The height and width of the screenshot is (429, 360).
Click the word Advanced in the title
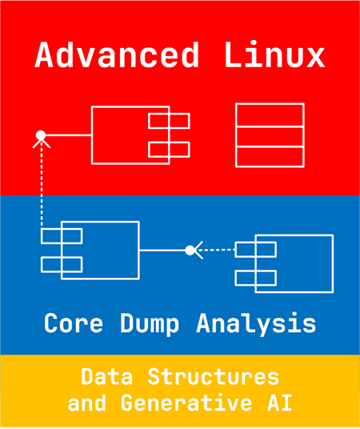coord(117,54)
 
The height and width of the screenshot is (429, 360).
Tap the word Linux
coord(274,54)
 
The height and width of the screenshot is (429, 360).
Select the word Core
coord(74,323)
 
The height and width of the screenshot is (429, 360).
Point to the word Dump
coord(150,324)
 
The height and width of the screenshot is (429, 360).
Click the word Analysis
coord(256,324)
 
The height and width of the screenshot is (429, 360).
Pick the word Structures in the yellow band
coord(214,377)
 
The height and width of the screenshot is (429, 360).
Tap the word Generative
coord(186,403)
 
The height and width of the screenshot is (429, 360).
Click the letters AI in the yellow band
coord(279,403)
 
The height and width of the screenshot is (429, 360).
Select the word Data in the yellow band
coord(107,377)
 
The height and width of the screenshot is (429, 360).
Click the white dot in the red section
coord(41,135)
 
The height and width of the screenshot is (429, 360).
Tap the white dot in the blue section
coord(190,250)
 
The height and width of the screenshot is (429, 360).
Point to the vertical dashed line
coord(42,184)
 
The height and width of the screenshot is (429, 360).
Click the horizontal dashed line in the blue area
coord(216,250)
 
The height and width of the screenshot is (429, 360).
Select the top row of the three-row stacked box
coord(270,115)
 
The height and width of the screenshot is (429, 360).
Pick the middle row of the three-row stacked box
coord(270,137)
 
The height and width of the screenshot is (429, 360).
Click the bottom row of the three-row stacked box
coord(270,157)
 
